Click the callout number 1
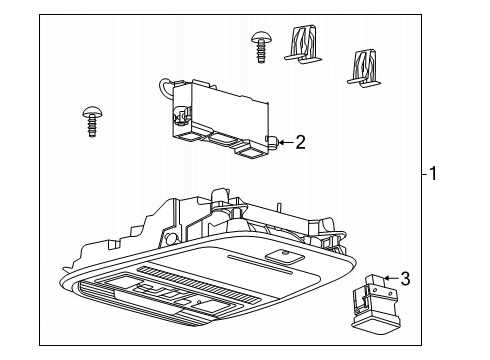[433, 174]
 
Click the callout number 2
[300, 142]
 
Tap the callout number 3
[405, 279]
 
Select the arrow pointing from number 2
[286, 143]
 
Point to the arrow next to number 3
[391, 278]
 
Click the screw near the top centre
[261, 47]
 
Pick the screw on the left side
[92, 122]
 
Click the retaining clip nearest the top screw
[303, 44]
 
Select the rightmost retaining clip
[364, 68]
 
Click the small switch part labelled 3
[376, 303]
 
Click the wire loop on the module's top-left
[166, 87]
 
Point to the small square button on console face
[285, 256]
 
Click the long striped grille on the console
[200, 284]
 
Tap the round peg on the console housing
[171, 238]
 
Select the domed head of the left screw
[92, 112]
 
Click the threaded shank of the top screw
[261, 53]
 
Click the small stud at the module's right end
[273, 143]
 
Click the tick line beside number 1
[424, 174]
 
